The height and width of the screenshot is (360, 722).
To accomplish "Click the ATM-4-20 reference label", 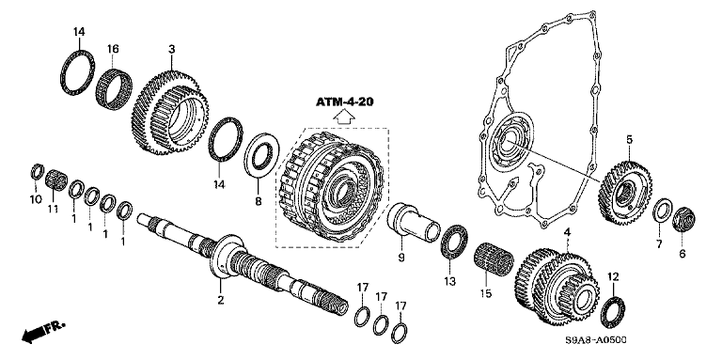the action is coord(344,102).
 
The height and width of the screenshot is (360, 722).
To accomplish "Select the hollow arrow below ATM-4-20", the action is coord(344,117).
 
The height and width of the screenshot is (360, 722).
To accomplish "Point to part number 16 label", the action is coord(113,49).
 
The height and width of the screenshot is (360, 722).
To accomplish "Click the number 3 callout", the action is coord(172,49).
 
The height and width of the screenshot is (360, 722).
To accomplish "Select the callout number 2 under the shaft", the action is coord(221,300).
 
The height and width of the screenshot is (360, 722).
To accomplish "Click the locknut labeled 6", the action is coord(684,220).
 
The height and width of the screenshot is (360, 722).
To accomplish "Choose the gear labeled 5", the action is coord(625,193).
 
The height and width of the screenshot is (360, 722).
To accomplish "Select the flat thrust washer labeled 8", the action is coord(261,155).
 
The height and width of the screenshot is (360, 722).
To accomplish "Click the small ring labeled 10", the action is coord(37,172).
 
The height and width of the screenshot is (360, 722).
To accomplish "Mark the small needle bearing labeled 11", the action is coord(56,180).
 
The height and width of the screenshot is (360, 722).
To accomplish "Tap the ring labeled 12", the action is coord(613,313).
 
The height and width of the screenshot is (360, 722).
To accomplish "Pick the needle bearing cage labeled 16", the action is coord(114,88).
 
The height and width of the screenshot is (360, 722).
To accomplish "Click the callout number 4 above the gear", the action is coord(568,233).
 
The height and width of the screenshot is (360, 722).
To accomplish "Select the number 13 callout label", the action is coord(449,280).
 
